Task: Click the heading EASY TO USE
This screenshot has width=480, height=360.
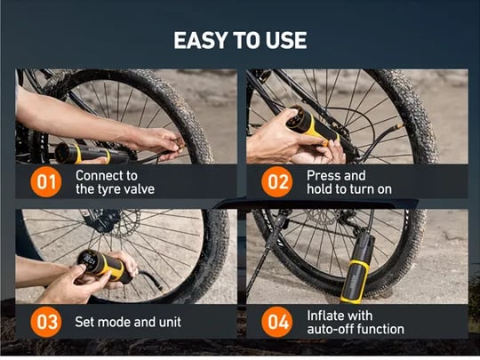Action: (x=240, y=40)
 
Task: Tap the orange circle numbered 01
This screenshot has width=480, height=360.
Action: (x=46, y=182)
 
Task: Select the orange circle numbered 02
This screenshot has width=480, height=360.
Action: (x=276, y=182)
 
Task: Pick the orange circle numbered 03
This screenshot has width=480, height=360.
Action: (x=46, y=322)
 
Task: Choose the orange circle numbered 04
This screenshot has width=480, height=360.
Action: (x=276, y=322)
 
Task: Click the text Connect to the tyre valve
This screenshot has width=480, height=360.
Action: (x=115, y=182)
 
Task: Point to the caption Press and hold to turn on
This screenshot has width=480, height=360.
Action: (x=349, y=182)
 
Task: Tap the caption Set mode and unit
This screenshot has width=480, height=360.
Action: (x=128, y=322)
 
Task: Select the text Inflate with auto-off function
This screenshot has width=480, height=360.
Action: (x=356, y=323)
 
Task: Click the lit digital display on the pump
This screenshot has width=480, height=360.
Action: (x=89, y=260)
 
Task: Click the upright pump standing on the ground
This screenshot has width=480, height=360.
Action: (x=357, y=268)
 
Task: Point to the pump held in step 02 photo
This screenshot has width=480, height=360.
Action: (x=312, y=125)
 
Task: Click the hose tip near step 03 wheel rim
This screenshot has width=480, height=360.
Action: (x=159, y=287)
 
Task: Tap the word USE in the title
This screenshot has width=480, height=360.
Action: (x=286, y=40)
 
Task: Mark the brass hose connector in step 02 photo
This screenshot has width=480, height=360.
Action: (x=398, y=126)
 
